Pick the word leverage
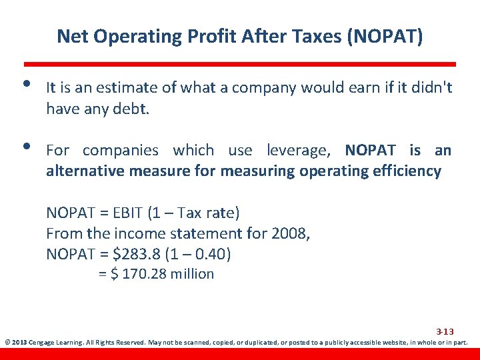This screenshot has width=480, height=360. click(302, 150)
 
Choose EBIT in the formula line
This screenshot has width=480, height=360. click(129, 213)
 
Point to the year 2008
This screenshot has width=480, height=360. click(290, 233)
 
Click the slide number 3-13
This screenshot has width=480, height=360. click(445, 331)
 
